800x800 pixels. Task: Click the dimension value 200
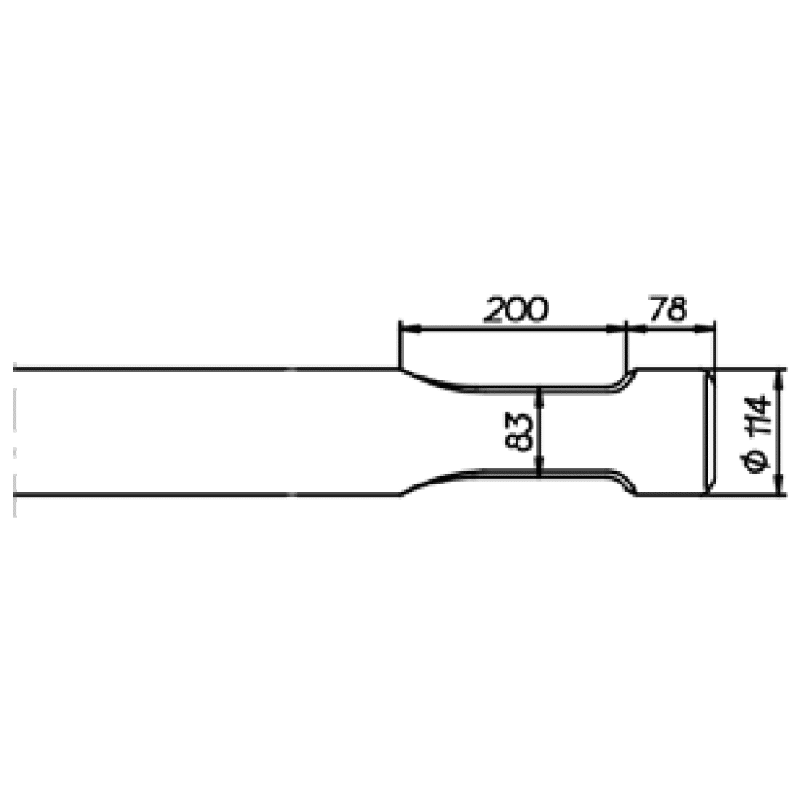click(516, 309)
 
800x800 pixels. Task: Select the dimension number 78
click(668, 308)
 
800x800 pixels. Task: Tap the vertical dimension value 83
click(518, 432)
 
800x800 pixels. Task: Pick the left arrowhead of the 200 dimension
click(411, 330)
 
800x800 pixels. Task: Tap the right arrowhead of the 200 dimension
click(616, 330)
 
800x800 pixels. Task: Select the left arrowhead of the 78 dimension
click(636, 330)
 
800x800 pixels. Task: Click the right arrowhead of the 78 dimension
click(704, 330)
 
